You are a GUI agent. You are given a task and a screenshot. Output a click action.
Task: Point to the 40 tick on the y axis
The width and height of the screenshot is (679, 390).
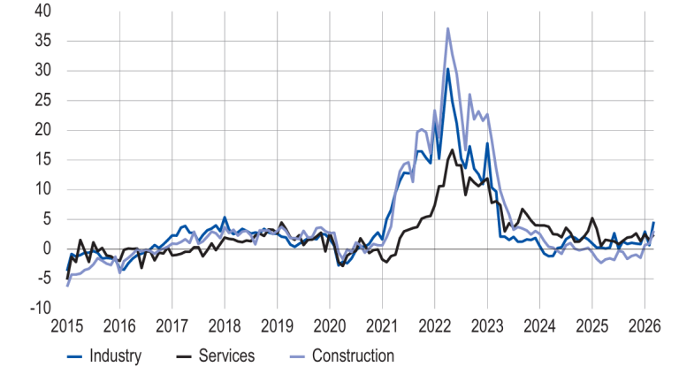(42, 11)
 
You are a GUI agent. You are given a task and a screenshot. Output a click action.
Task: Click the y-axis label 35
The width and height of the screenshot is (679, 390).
(42, 42)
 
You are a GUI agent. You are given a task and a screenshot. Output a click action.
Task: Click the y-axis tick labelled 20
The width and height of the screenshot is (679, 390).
(42, 130)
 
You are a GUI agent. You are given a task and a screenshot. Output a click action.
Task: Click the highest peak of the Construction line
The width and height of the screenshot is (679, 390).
(448, 28)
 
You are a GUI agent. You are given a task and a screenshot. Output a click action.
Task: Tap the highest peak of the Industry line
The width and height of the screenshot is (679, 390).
(448, 69)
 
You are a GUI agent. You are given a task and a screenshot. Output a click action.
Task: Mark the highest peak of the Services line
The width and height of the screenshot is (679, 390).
(453, 149)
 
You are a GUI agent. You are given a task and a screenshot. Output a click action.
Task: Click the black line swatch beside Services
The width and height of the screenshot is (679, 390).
(185, 356)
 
